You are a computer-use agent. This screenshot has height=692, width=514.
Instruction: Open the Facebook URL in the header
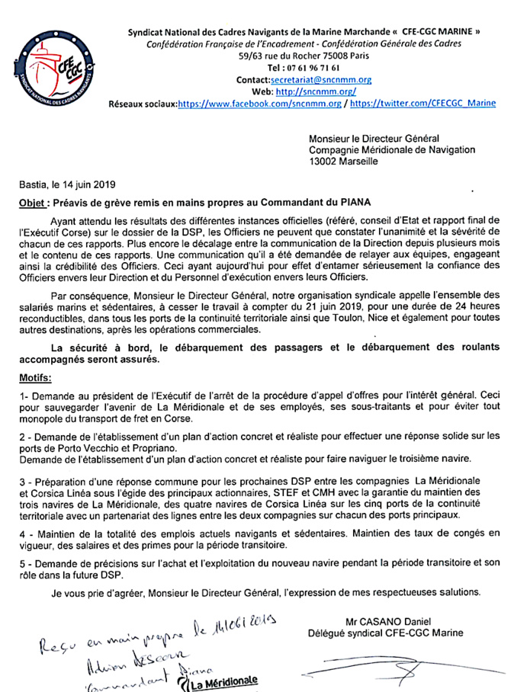(260, 104)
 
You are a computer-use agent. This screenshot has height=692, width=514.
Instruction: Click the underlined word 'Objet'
(33, 202)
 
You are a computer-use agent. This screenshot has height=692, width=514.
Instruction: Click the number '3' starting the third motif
(21, 483)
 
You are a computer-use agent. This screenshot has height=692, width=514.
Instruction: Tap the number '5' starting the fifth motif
(21, 562)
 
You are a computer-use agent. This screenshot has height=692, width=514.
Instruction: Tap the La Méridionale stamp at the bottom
(221, 681)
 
